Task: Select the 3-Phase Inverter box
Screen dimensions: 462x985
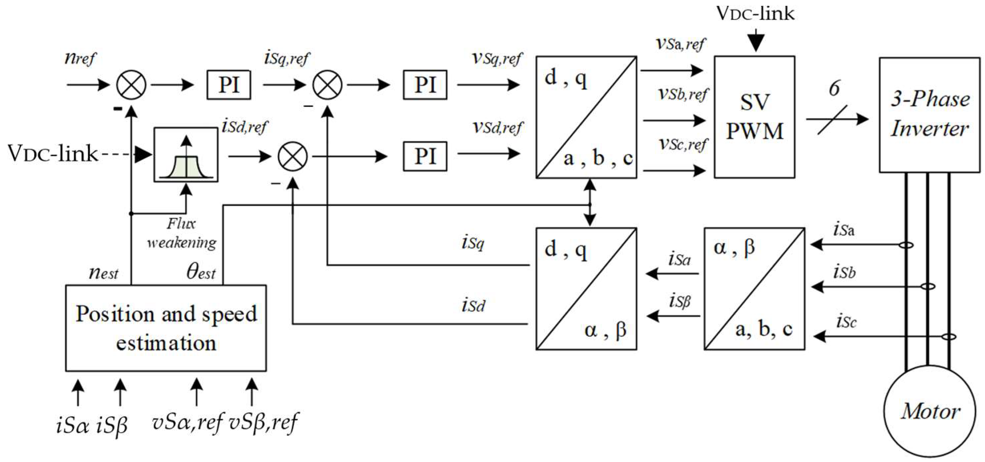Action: [x=929, y=115]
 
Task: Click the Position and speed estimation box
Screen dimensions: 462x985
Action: [x=166, y=328]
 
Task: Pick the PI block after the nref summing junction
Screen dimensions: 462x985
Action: [x=229, y=85]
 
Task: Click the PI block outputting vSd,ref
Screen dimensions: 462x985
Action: [x=425, y=156]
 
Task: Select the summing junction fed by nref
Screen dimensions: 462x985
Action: [x=131, y=85]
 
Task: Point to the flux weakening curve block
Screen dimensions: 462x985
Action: [x=186, y=155]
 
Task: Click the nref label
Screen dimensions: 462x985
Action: [x=80, y=58]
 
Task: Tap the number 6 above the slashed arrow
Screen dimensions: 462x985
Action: [x=834, y=88]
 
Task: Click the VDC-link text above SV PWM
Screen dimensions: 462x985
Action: [x=755, y=14]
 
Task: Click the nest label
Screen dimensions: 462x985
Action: [x=103, y=273]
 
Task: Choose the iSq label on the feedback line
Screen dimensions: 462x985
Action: [x=473, y=243]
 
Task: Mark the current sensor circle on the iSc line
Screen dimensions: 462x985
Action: [x=949, y=337]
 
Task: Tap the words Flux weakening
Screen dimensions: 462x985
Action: [x=181, y=233]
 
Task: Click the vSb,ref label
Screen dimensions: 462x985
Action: [x=683, y=94]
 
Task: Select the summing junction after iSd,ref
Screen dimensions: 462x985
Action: [x=292, y=156]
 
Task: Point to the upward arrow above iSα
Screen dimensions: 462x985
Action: [x=78, y=392]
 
